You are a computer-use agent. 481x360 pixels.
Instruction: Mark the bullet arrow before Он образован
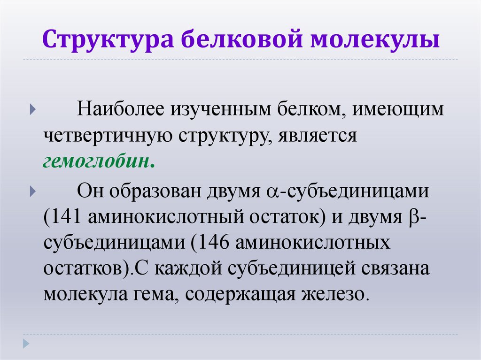point(31,192)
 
